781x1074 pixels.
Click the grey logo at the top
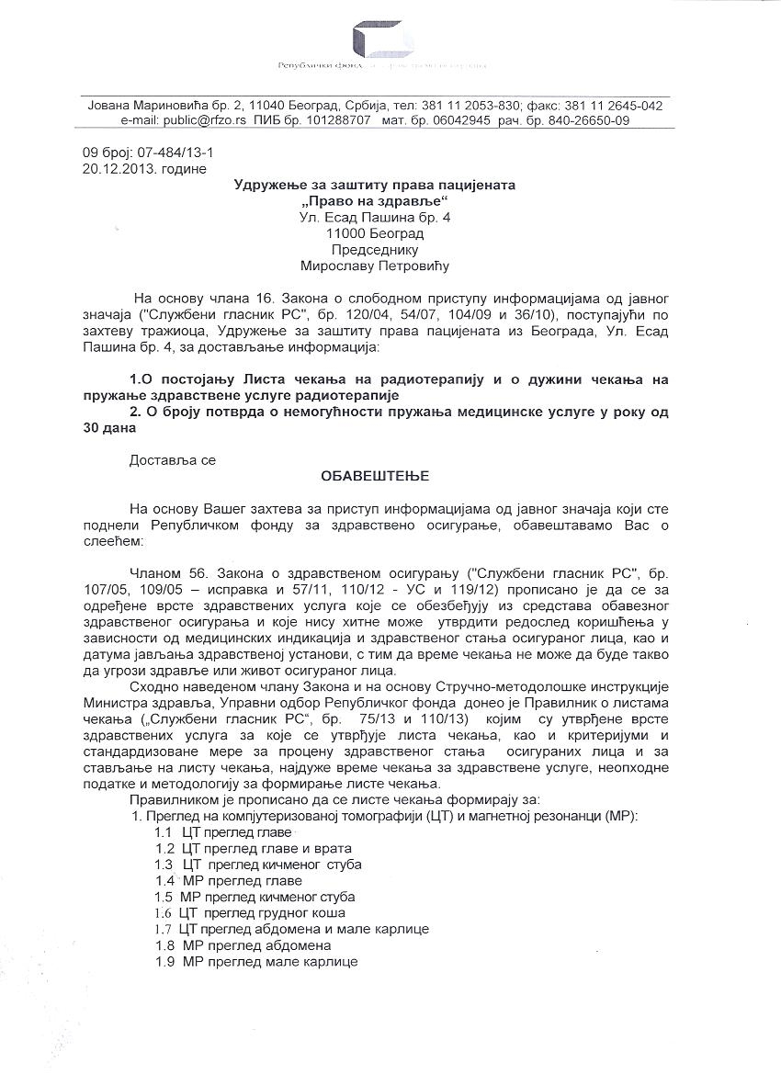pyautogui.click(x=380, y=40)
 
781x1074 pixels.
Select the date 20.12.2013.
pyautogui.click(x=115, y=168)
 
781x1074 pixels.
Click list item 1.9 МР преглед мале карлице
pyautogui.click(x=255, y=961)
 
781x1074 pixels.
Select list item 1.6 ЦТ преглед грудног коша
pyautogui.click(x=250, y=912)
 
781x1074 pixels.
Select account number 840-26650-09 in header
pyautogui.click(x=584, y=120)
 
